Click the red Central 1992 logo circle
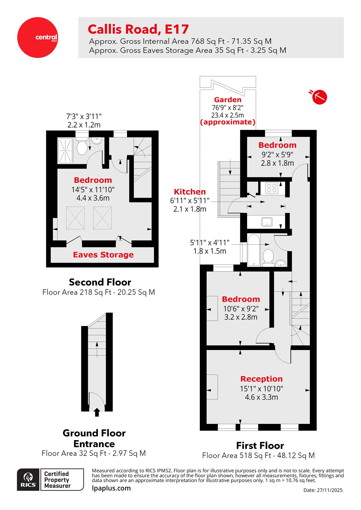38,38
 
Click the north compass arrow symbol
319,97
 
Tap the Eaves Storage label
103,255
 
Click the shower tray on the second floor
65,150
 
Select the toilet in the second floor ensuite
82,147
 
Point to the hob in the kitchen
272,188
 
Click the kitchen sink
267,222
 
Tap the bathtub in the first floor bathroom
254,250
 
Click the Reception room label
261,379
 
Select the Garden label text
228,99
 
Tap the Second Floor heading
100,282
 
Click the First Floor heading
260,445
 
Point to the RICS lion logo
28,479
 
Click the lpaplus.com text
111,488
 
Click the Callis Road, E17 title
138,29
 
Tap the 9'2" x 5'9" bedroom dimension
277,155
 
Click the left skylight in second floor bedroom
75,218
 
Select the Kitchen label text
190,192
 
